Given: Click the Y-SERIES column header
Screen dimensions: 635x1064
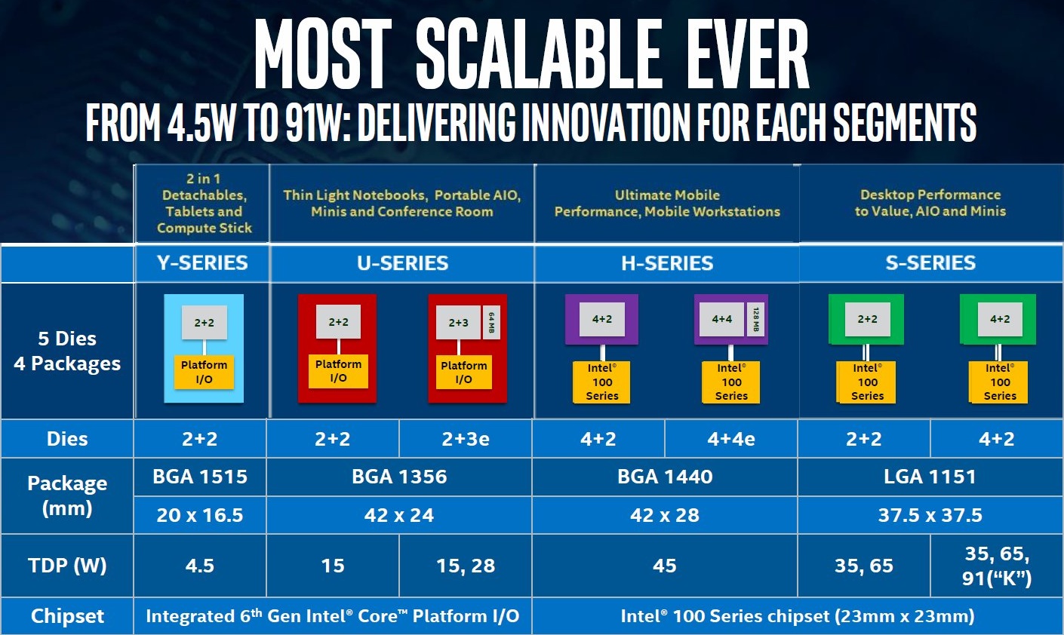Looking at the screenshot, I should click(x=202, y=263).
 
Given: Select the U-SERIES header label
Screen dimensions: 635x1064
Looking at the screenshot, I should click(x=402, y=263).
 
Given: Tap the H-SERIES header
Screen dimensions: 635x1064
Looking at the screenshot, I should click(x=667, y=263).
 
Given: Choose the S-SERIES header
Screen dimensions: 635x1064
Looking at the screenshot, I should click(x=930, y=263).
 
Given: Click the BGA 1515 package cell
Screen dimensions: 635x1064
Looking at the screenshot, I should click(x=200, y=477).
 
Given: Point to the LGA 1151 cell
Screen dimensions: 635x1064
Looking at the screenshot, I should click(x=930, y=477).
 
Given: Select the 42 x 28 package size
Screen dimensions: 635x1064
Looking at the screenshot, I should click(x=665, y=515).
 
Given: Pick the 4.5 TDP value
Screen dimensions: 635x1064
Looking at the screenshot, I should click(x=200, y=566).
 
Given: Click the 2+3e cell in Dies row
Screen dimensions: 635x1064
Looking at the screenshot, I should click(x=466, y=439).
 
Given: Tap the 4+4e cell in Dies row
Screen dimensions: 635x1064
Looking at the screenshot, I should click(x=731, y=439).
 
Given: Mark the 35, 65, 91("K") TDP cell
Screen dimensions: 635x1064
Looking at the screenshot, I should click(x=998, y=566).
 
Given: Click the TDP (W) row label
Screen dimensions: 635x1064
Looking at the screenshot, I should click(x=67, y=566).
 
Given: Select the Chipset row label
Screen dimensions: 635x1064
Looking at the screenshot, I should click(x=67, y=616).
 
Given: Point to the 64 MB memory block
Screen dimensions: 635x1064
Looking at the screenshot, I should click(x=491, y=323).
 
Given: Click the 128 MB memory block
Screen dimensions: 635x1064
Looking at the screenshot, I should click(x=756, y=319).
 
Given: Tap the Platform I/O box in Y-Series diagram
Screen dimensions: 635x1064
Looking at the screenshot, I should click(x=204, y=372).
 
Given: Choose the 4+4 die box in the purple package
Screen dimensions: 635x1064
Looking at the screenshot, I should click(x=722, y=319).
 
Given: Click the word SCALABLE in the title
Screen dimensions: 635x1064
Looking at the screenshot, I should click(x=539, y=54).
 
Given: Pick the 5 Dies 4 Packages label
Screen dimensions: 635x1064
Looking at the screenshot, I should click(x=67, y=351).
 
